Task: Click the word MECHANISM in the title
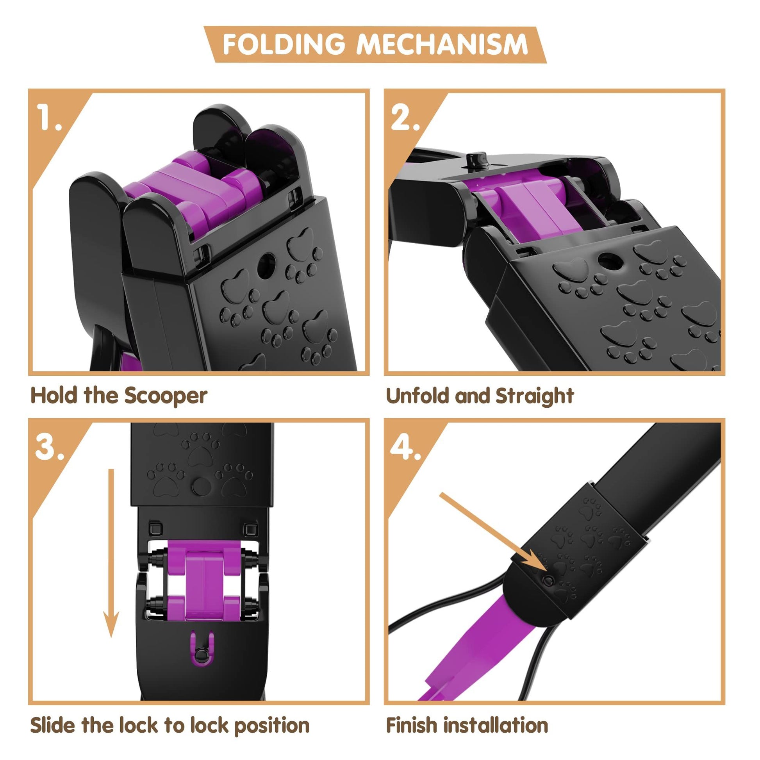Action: (442, 44)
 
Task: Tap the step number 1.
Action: (50, 117)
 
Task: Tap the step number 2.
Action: (405, 117)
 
